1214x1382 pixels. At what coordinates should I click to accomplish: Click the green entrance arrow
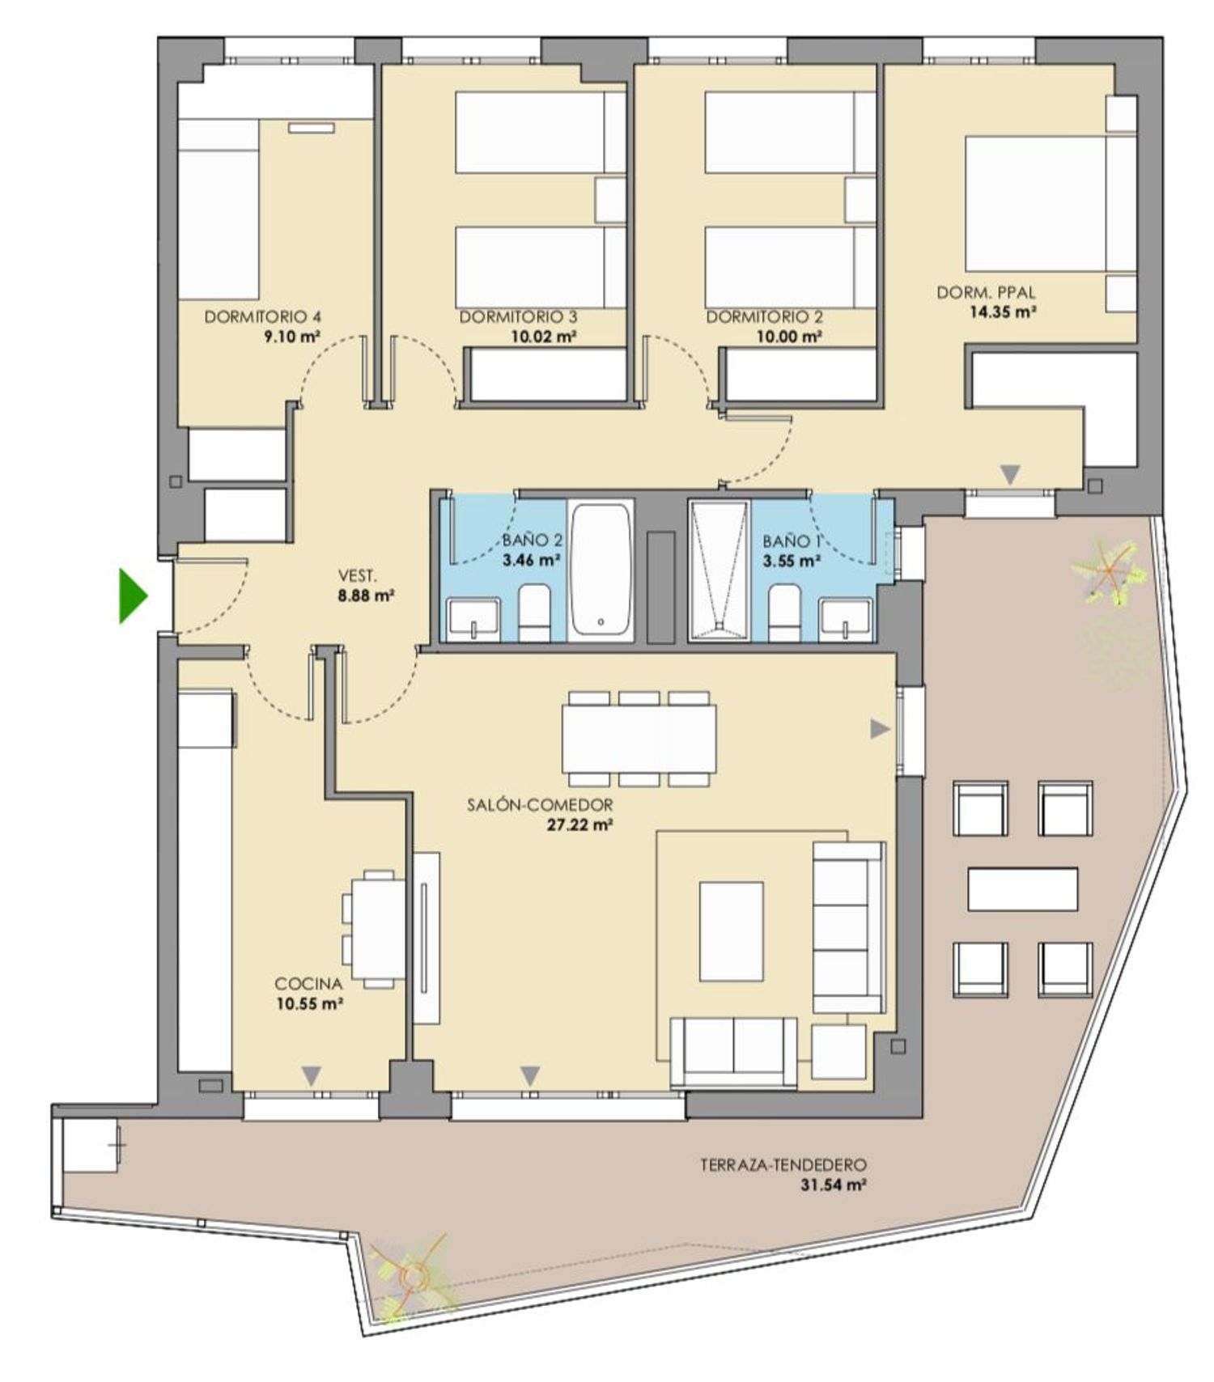pos(133,596)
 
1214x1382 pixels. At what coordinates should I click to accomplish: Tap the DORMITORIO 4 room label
pos(262,317)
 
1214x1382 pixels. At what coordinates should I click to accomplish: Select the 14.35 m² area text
pos(1004,312)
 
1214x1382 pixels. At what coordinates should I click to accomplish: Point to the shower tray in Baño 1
pos(719,571)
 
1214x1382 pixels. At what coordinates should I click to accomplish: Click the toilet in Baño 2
pos(533,613)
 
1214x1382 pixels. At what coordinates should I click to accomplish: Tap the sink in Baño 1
pos(846,619)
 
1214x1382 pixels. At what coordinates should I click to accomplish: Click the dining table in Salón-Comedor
pos(639,739)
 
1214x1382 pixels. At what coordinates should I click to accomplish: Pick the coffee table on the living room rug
pos(732,931)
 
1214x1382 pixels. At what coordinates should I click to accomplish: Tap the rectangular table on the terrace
pos(1022,888)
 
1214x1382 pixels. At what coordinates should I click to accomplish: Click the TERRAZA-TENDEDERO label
pos(783,1165)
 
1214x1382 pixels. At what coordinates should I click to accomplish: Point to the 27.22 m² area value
pos(579,825)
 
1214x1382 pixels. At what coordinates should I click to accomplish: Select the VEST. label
pos(357,576)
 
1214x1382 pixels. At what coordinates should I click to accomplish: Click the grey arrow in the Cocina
pos(312,1076)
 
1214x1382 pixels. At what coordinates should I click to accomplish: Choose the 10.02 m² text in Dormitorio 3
pos(544,337)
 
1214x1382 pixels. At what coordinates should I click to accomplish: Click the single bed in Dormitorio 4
pos(219,209)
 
